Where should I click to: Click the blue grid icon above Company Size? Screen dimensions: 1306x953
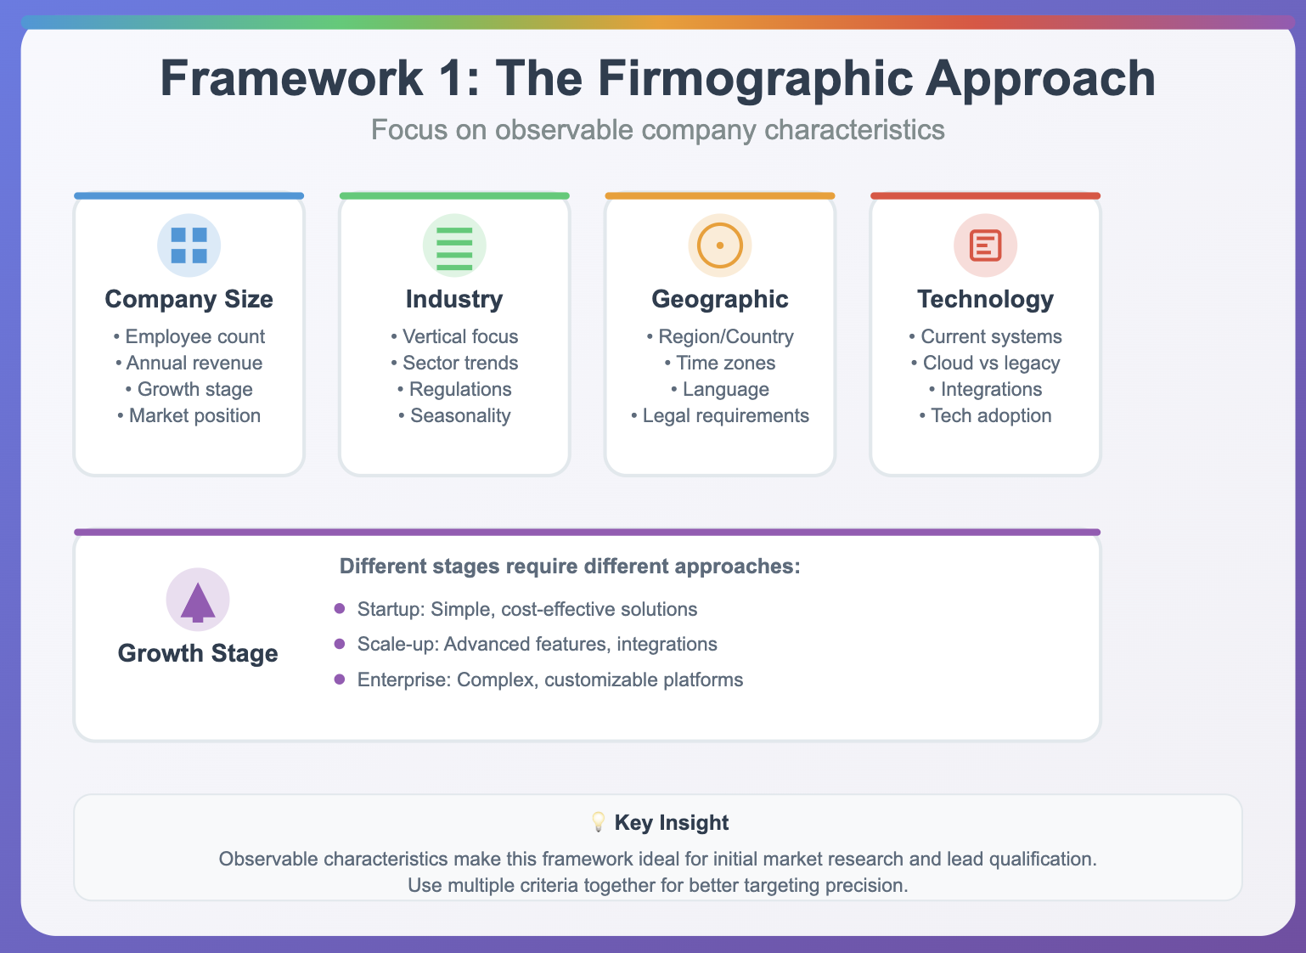pyautogui.click(x=189, y=245)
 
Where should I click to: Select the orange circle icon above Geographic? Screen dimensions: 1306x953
pyautogui.click(x=720, y=245)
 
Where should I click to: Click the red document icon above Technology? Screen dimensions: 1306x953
pyautogui.click(x=985, y=245)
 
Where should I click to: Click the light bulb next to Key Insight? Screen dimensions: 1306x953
pyautogui.click(x=598, y=822)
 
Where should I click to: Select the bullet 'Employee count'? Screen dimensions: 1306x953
pyautogui.click(x=189, y=336)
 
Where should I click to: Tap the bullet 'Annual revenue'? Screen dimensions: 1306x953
pyautogui.click(x=189, y=363)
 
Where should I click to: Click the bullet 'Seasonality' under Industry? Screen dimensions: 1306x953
pyautogui.click(x=454, y=415)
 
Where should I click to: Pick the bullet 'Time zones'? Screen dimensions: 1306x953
pyautogui.click(x=720, y=363)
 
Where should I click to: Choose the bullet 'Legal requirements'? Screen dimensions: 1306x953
pyautogui.click(x=720, y=415)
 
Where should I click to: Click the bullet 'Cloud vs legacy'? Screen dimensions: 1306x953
pyautogui.click(x=985, y=363)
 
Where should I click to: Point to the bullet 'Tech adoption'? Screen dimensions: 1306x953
pyautogui.click(x=985, y=415)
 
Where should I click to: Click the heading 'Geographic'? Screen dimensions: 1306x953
pyautogui.click(x=720, y=299)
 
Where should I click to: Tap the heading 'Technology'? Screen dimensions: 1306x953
pyautogui.click(x=985, y=299)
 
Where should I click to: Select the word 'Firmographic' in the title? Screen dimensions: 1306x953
pyautogui.click(x=756, y=79)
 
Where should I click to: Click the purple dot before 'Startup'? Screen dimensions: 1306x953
pyautogui.click(x=340, y=608)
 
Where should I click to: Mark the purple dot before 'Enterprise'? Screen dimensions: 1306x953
pyautogui.click(x=340, y=679)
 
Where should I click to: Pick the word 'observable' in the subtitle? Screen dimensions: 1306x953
pyautogui.click(x=565, y=129)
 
